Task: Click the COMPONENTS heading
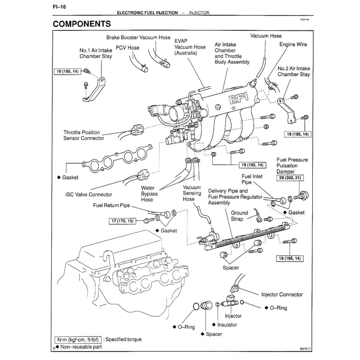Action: pos(82,24)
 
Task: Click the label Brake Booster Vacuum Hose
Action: pos(139,37)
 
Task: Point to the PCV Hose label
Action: pos(128,47)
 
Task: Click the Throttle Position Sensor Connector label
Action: pos(84,135)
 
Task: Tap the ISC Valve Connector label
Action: pos(89,194)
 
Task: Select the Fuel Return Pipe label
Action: pos(111,205)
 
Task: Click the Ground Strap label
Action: pos(239,216)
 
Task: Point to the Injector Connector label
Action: pos(282,295)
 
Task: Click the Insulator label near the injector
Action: pos(227,324)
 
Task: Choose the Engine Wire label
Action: pos(293,44)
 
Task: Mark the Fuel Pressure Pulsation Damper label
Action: pos(292,166)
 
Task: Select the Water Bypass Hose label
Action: pos(150,194)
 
